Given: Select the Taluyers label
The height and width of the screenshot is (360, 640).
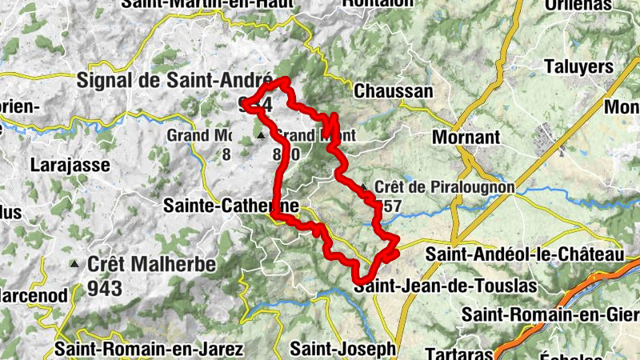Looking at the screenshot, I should (577, 66).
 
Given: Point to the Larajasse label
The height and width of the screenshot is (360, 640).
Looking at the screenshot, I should (63, 166).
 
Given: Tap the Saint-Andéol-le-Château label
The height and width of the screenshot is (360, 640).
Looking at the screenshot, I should (524, 254).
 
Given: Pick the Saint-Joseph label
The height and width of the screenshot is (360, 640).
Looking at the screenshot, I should (343, 349).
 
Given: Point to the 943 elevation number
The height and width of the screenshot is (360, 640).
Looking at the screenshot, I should (106, 288).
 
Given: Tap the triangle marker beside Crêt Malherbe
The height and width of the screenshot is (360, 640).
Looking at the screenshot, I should (74, 263).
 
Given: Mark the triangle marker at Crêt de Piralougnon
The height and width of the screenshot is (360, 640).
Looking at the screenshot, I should (364, 188).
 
